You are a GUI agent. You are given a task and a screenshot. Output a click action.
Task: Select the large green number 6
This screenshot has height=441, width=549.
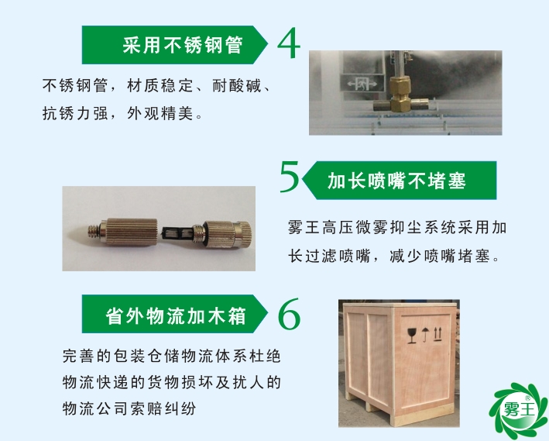pos(287,314)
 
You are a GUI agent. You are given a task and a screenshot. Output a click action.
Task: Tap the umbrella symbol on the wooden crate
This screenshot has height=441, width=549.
pos(425,334)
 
